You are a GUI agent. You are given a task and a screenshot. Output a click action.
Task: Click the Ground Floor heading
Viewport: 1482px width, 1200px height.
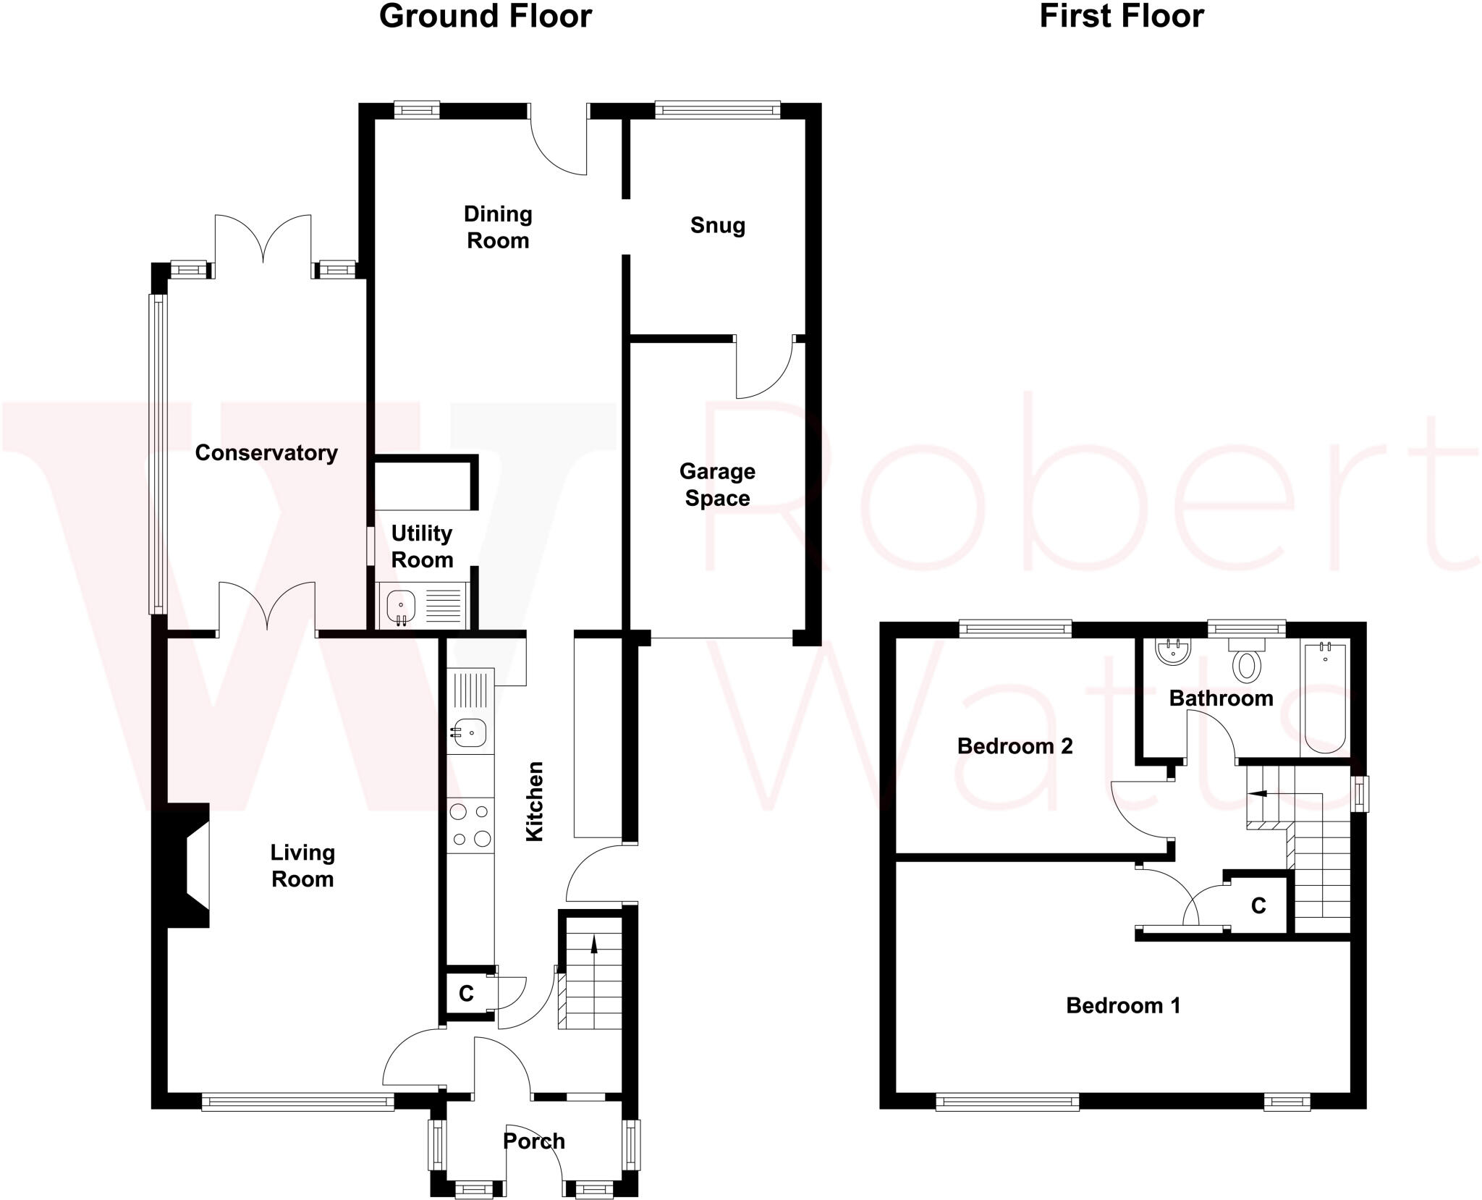[485, 17]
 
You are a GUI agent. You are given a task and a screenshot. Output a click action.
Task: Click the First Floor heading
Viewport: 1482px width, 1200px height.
[1121, 17]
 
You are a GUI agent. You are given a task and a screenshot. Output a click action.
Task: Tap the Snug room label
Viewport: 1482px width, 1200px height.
[717, 225]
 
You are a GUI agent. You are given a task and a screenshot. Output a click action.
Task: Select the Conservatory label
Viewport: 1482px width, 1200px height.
[266, 453]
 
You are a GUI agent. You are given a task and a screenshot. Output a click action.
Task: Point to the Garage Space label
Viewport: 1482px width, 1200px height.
[717, 485]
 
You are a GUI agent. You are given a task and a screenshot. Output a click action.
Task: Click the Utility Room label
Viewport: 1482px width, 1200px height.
[422, 546]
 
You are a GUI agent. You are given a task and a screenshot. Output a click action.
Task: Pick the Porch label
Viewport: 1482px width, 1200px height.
[533, 1141]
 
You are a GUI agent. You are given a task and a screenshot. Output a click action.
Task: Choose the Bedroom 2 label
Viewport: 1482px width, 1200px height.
[1015, 746]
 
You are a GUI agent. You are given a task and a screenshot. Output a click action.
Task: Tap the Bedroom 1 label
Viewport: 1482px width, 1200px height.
[1123, 1005]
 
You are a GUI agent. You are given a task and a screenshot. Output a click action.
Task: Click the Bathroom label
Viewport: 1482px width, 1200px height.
[1221, 698]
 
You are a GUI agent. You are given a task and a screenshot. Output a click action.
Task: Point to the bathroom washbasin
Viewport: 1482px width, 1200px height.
[1173, 651]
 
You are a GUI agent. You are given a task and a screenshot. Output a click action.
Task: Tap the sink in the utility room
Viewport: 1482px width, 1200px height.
[400, 606]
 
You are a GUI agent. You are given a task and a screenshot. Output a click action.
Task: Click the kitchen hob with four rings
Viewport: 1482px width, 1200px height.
[470, 825]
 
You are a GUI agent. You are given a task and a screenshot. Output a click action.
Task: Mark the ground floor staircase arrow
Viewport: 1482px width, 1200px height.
[594, 945]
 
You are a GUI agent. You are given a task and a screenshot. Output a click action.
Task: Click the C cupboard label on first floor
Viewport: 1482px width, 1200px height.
[1258, 905]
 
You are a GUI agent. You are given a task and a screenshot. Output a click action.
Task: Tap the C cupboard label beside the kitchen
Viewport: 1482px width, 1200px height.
[466, 994]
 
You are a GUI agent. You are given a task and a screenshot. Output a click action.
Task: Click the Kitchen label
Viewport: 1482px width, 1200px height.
[534, 801]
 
